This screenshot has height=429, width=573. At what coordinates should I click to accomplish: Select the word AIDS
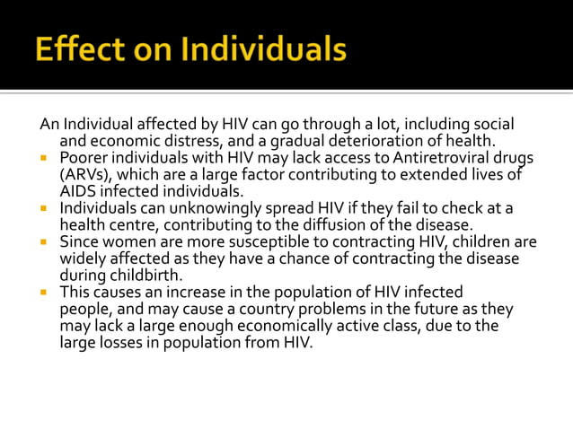click(x=77, y=190)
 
